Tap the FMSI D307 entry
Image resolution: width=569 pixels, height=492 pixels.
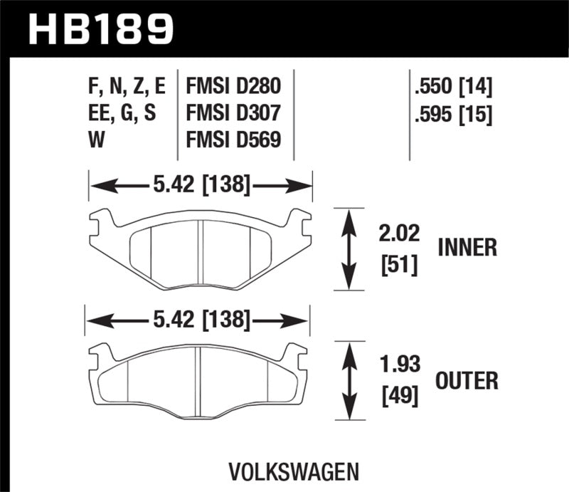pos(233,114)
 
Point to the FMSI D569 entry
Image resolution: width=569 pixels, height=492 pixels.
pos(233,140)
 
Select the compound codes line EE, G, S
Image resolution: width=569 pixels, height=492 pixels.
pos(120,114)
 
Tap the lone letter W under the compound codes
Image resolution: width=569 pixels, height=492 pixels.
pos(96,140)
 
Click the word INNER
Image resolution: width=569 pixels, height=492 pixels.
pos(467,248)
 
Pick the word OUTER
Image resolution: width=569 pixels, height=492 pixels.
pos(468,381)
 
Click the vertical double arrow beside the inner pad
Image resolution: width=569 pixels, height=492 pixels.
pos(348,248)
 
